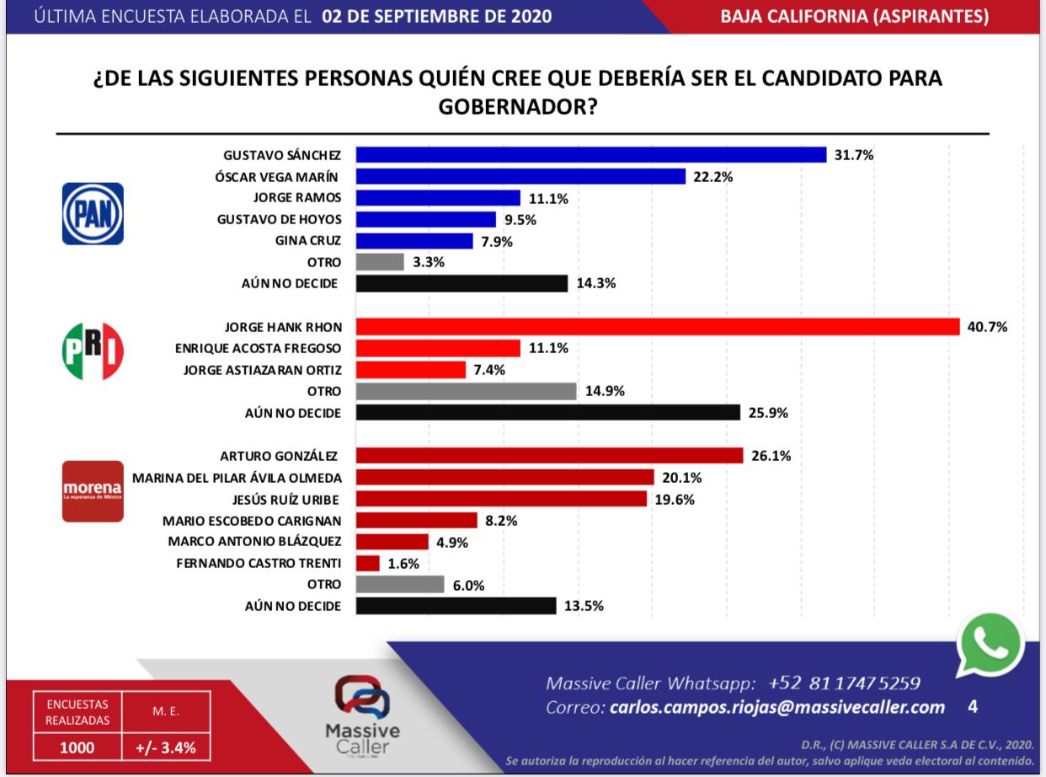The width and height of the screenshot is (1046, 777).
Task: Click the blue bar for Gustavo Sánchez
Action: tap(590, 155)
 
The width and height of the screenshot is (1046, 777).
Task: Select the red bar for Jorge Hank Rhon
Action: tap(657, 327)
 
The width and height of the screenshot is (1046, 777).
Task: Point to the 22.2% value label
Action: tap(712, 176)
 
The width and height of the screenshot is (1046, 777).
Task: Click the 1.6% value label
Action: tap(403, 563)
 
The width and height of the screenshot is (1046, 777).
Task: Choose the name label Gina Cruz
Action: tap(307, 241)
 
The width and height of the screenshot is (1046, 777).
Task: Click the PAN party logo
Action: tap(93, 214)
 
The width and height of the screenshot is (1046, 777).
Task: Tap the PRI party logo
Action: tap(93, 350)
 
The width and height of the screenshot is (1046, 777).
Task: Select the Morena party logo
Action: tap(93, 490)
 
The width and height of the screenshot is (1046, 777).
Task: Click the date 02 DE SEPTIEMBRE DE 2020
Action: tap(437, 17)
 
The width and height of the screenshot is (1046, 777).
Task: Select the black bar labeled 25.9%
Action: tap(547, 413)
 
